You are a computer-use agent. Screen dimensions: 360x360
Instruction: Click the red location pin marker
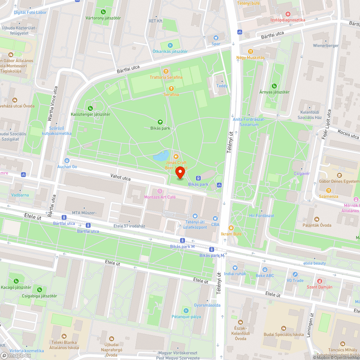point(180,172)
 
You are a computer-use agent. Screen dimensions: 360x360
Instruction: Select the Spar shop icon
point(216,38)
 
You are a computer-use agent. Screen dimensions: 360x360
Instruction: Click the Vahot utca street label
point(121,176)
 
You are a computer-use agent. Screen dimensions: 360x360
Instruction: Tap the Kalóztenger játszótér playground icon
point(90,108)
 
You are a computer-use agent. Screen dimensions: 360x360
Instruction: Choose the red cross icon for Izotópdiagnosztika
point(288,14)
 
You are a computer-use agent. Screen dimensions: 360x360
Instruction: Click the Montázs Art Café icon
point(160,191)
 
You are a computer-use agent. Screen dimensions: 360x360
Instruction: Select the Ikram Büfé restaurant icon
point(231,228)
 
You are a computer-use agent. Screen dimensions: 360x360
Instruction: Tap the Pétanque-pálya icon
point(186,310)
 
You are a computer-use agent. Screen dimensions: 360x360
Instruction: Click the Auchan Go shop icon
point(67,161)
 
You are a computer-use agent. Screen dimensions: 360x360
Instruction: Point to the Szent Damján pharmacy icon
point(319,280)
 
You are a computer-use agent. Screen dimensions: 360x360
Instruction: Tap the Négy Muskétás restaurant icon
point(250,51)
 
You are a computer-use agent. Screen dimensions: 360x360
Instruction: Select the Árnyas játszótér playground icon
point(274,86)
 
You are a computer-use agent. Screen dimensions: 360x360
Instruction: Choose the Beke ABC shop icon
point(265,269)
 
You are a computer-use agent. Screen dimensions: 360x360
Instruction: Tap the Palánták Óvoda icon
point(317,219)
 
